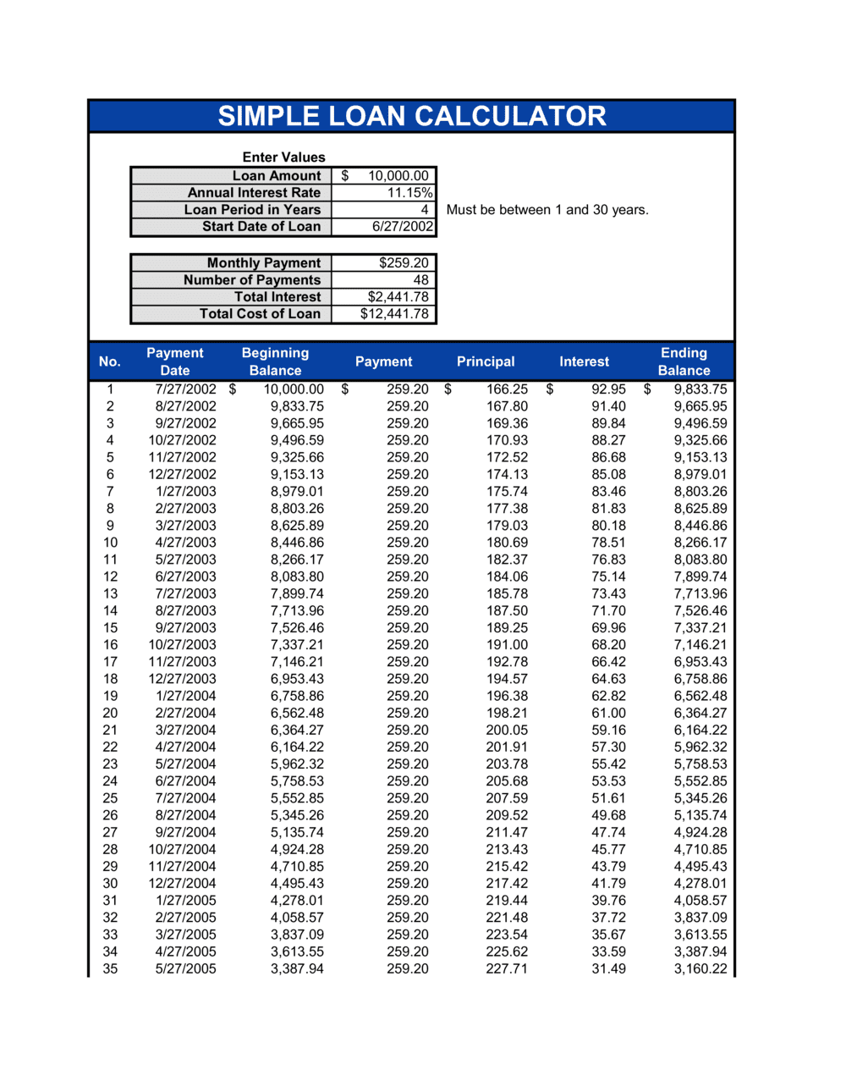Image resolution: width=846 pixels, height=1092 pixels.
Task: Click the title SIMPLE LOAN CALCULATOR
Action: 412,116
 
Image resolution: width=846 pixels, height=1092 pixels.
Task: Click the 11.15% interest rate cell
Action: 409,193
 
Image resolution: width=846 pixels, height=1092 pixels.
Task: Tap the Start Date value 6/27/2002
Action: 403,227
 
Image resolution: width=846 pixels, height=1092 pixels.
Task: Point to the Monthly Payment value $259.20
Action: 404,263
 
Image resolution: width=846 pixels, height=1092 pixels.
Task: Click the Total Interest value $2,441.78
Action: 398,297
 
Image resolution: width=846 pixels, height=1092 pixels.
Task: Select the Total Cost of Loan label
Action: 260,314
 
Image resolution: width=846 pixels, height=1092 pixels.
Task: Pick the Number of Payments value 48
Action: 420,280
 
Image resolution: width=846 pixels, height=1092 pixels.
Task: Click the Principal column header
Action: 486,361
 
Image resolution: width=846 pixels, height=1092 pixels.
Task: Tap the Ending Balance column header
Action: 684,361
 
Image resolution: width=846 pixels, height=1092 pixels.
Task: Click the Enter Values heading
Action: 283,157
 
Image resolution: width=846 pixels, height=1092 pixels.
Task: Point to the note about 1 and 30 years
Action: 547,210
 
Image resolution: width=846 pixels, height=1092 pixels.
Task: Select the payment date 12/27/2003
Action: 182,679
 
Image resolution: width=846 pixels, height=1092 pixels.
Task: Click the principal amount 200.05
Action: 507,730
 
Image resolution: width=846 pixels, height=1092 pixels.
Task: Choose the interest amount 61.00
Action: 608,713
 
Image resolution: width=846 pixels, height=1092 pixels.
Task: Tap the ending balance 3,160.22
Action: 700,968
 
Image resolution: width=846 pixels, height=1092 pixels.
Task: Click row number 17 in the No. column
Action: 110,662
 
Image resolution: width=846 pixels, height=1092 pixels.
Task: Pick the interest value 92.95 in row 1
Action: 608,389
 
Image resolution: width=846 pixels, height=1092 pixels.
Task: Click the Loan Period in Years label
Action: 252,210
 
